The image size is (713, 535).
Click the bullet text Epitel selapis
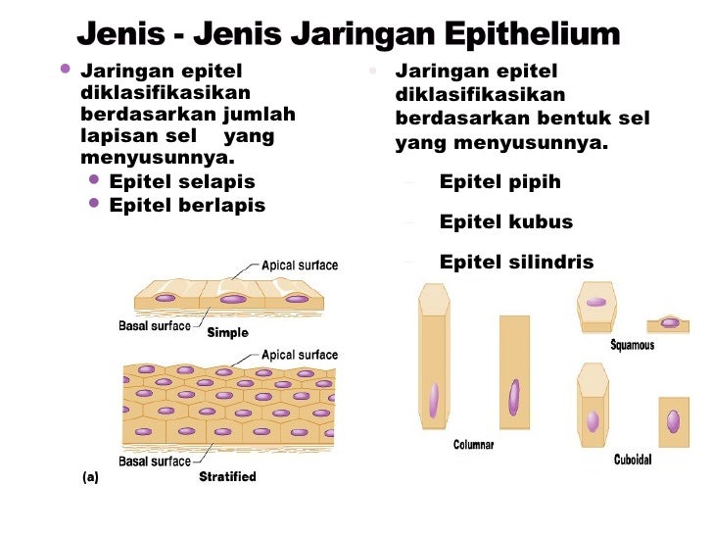(x=182, y=182)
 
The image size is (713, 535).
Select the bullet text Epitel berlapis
(x=187, y=205)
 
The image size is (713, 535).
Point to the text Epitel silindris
(x=516, y=262)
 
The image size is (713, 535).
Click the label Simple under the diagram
(x=227, y=332)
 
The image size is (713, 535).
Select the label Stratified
(x=227, y=477)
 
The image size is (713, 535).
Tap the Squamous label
(x=633, y=345)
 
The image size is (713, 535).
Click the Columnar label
(x=473, y=445)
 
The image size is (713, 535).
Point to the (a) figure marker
(x=91, y=477)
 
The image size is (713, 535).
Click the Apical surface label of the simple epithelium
(x=300, y=266)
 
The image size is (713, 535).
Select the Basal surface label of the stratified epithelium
(x=155, y=461)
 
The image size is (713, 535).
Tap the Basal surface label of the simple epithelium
(x=155, y=325)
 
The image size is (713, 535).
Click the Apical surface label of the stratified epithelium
(x=300, y=355)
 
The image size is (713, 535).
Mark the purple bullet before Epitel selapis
(x=95, y=180)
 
